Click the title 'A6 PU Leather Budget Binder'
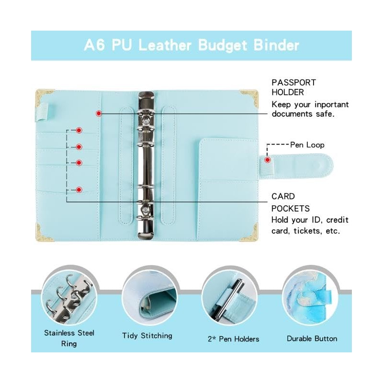[x=191, y=45]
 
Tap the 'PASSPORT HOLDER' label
[x=294, y=87]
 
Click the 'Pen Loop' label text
[x=307, y=145]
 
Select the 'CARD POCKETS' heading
[x=290, y=203]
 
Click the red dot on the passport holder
[x=99, y=113]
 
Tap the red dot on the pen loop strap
[x=268, y=159]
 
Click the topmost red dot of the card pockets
[x=79, y=130]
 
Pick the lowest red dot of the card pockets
[x=79, y=190]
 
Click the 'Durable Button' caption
[x=312, y=338]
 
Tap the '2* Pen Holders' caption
[x=233, y=339]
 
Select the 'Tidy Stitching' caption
[x=147, y=336]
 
